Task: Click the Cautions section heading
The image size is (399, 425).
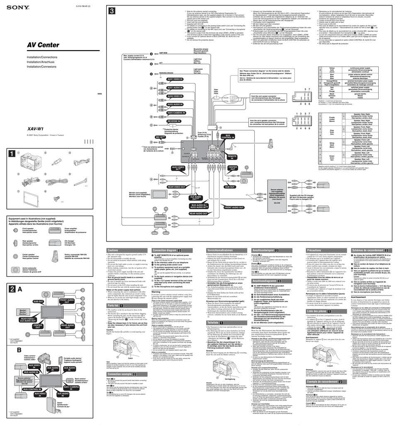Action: (113, 250)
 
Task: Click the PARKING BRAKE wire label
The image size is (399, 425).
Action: (166, 73)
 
